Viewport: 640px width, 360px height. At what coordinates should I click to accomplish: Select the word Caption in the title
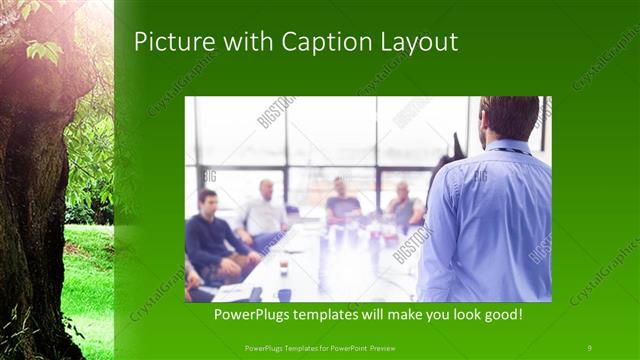(x=322, y=42)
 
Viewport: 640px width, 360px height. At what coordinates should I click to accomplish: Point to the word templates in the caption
(x=339, y=315)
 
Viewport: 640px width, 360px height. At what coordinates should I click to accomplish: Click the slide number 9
(x=589, y=347)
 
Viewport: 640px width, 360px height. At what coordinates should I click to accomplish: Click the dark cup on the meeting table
(x=285, y=292)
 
